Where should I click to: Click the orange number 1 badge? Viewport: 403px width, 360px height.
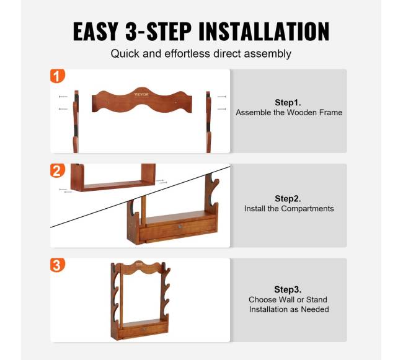(x=57, y=76)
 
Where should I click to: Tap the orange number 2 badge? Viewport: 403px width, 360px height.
(x=57, y=171)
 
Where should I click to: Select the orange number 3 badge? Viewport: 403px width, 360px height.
(x=57, y=265)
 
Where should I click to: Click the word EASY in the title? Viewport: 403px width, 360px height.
(x=95, y=32)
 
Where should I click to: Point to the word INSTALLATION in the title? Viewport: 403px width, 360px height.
(x=264, y=32)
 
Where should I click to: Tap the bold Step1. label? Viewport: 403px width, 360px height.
(x=288, y=102)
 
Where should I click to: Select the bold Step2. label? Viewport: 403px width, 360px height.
(x=288, y=198)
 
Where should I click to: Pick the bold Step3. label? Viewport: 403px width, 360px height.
(x=288, y=289)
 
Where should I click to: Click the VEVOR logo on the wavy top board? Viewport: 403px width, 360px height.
(x=141, y=95)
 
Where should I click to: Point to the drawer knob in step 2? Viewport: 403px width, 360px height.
(x=180, y=227)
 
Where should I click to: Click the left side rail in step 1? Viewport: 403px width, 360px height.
(x=76, y=121)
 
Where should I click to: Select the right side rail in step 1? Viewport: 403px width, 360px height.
(x=208, y=122)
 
